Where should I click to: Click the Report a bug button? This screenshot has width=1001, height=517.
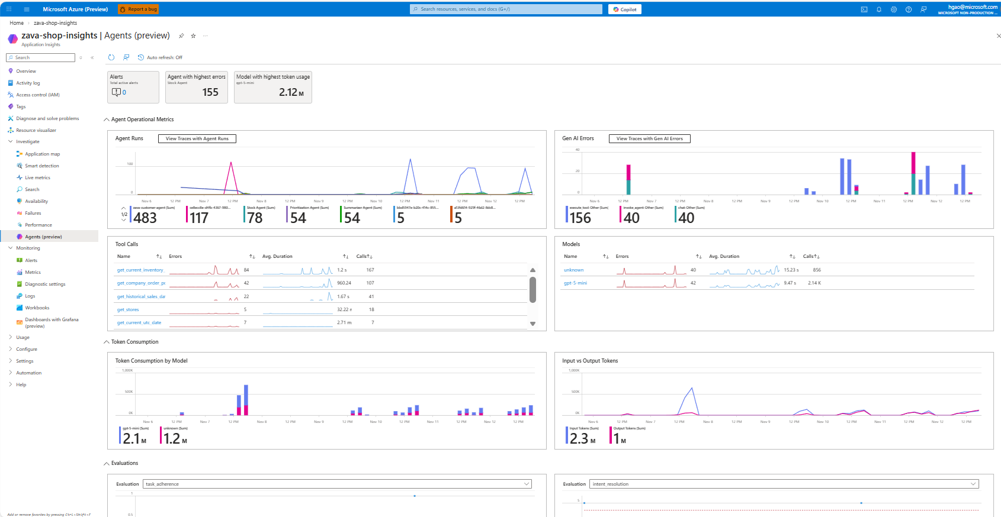138,9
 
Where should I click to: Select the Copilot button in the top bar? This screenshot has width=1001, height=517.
625,9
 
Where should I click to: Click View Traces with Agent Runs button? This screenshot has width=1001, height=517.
197,138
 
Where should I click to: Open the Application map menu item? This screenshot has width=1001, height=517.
42,154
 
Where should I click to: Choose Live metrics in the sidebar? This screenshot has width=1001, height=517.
37,177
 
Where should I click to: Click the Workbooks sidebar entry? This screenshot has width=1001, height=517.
37,308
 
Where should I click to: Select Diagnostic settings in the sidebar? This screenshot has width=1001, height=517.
45,284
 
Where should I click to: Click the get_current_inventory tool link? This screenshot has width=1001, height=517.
140,270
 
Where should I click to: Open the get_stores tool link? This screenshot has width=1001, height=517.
128,309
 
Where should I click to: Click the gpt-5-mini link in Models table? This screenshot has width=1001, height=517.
575,283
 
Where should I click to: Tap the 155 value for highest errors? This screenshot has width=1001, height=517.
210,92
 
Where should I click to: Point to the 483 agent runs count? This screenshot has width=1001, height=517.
145,218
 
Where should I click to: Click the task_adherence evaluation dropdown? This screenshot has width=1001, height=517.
337,484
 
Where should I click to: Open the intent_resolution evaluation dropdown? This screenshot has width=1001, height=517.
784,484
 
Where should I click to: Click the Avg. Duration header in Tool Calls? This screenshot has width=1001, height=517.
277,256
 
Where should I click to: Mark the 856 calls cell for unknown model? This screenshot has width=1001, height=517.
817,270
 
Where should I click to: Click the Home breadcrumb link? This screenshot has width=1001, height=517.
17,23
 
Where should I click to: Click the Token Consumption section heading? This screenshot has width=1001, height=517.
134,342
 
